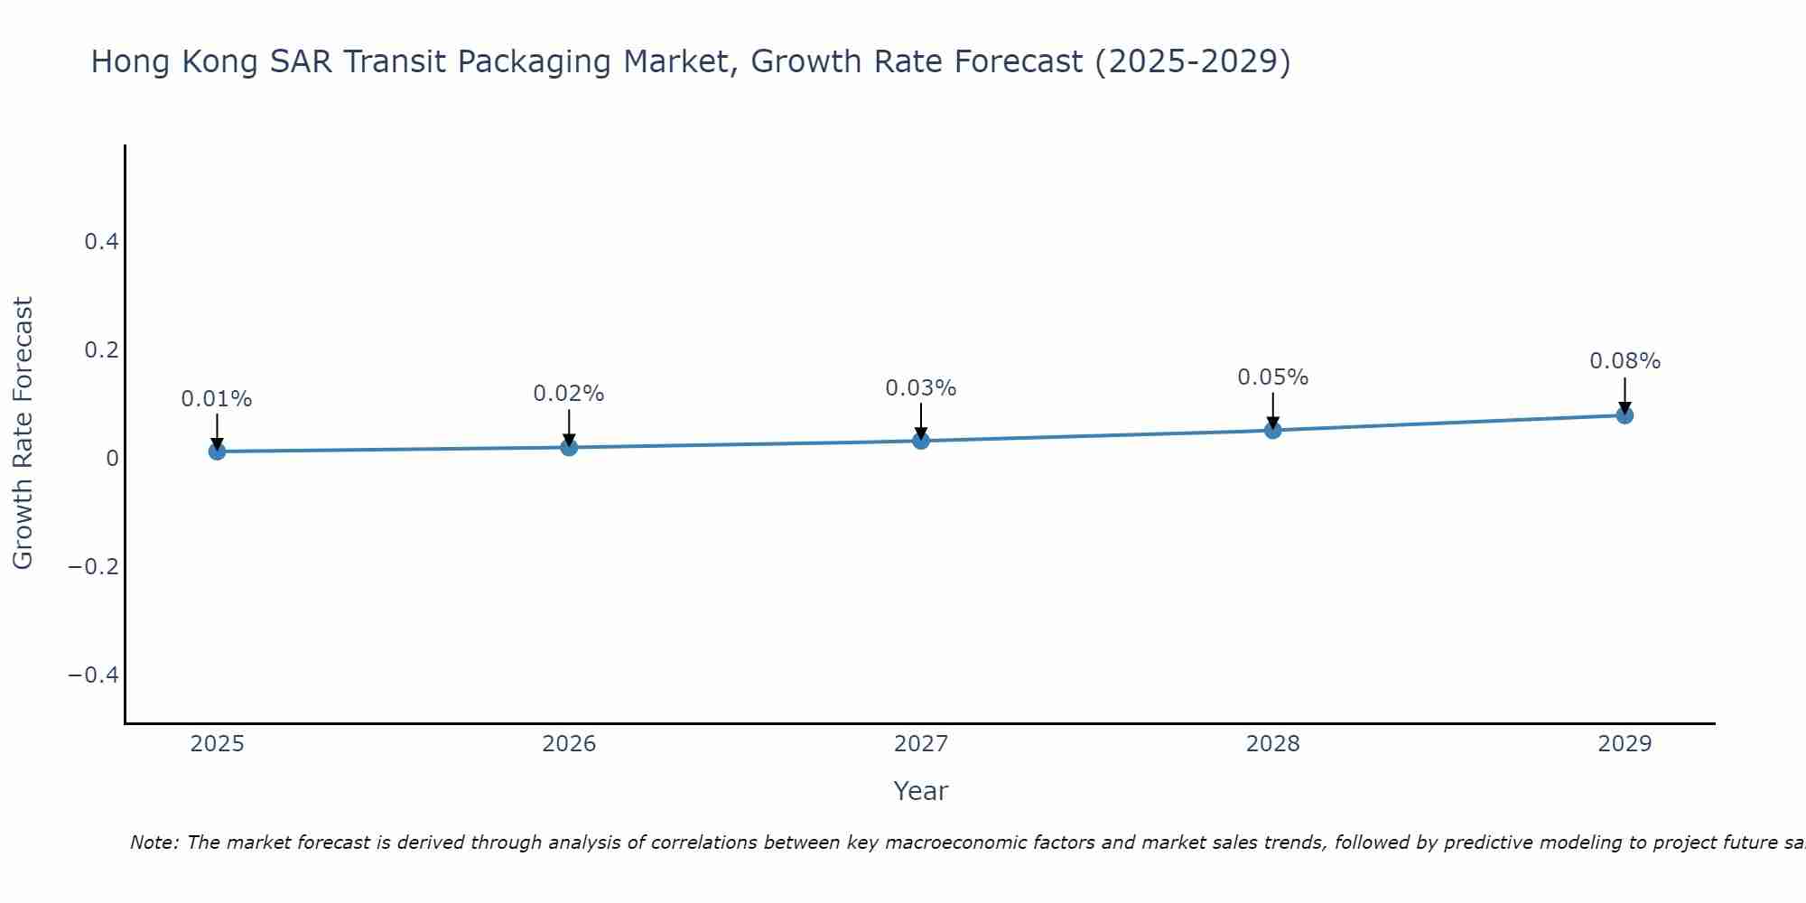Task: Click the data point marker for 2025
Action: point(217,451)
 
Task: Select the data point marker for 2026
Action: point(569,446)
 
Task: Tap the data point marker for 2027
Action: point(921,440)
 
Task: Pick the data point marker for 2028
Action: point(1272,430)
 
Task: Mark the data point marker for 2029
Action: point(1624,414)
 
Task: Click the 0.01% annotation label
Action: point(217,399)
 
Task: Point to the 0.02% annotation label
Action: point(569,394)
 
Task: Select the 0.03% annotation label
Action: point(921,388)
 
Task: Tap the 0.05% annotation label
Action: point(1272,377)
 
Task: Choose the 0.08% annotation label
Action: point(1624,361)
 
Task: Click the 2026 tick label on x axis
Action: point(569,744)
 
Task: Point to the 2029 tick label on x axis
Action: point(1624,744)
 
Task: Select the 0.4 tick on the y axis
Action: point(101,241)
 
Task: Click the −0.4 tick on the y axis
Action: point(93,675)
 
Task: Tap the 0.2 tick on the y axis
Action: point(101,349)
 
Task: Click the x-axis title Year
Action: point(920,791)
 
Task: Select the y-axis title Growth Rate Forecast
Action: point(23,433)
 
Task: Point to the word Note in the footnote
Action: point(154,842)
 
